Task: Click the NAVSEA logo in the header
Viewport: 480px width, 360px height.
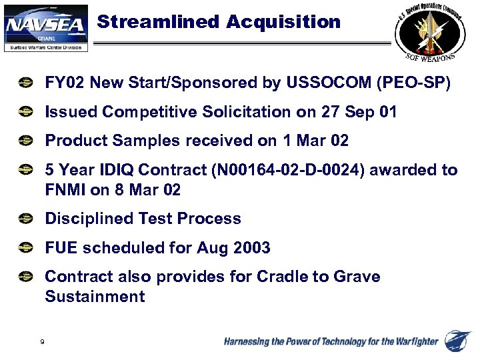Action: (46, 27)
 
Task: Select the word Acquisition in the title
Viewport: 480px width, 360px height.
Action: (283, 22)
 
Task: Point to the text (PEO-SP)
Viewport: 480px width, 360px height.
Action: (413, 83)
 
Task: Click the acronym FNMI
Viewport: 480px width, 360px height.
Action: (65, 189)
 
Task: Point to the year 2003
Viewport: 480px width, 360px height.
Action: (252, 248)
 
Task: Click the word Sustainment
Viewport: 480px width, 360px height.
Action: (95, 297)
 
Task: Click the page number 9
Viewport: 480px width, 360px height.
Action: (43, 342)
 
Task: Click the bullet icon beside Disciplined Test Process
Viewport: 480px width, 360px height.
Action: (25, 219)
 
